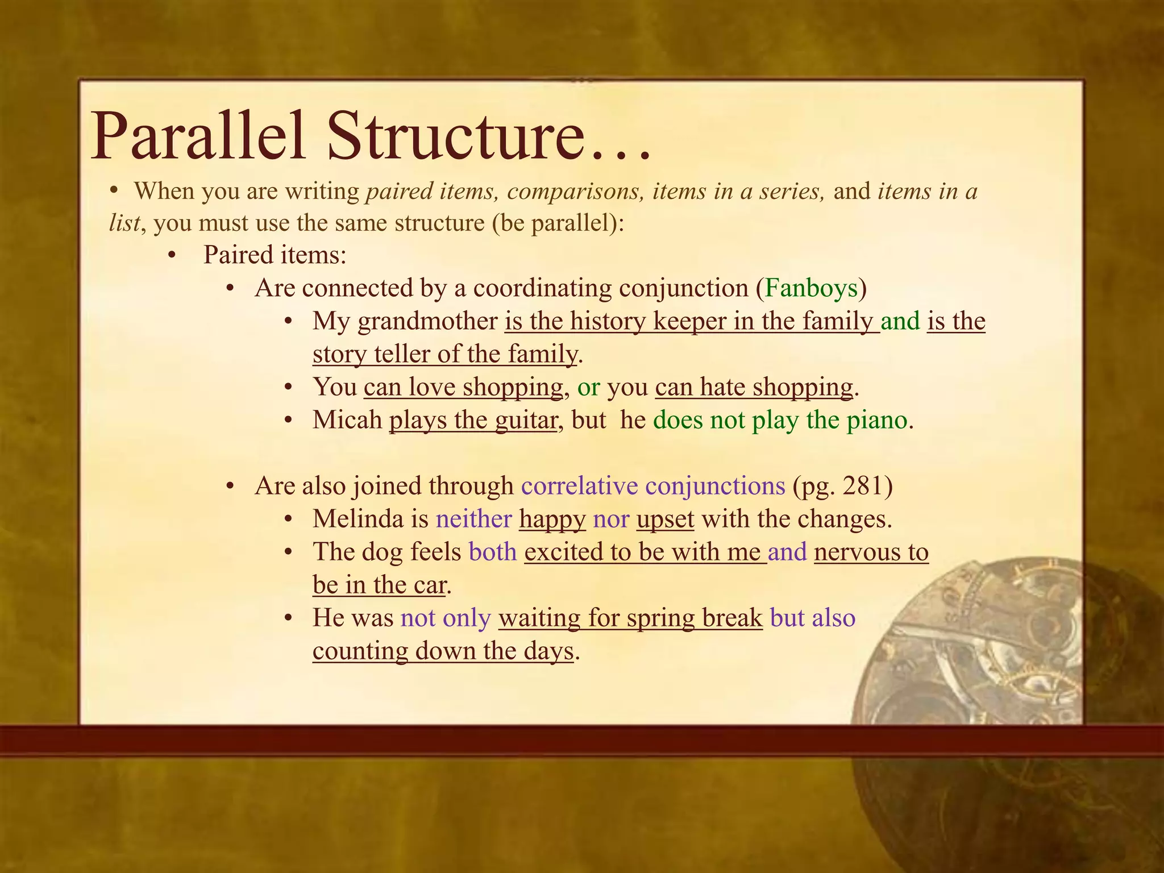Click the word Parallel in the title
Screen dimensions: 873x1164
(198, 137)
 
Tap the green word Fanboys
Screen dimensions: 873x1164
(811, 288)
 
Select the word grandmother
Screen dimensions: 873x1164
(427, 322)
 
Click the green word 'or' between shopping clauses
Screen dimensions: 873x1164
(588, 388)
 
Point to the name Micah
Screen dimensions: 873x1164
(347, 421)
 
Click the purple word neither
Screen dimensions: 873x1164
(473, 519)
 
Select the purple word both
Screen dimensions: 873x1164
(492, 552)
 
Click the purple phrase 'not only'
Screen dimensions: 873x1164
(445, 618)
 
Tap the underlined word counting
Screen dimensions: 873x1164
(360, 651)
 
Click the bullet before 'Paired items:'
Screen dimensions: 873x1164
(172, 256)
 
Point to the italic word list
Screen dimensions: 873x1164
(124, 223)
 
